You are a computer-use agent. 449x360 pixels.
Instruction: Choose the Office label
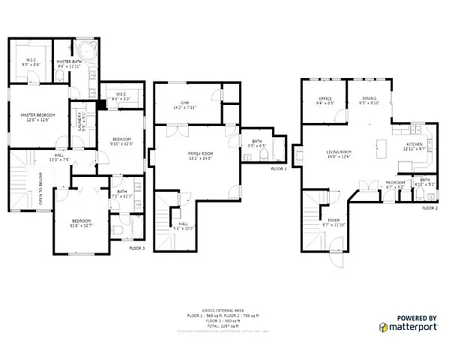point(325,98)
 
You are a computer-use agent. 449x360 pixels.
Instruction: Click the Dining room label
point(370,98)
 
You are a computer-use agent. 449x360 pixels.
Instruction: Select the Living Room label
point(339,153)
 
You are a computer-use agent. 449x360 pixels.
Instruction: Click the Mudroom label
point(395,182)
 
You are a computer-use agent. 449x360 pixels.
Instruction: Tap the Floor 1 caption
point(279,169)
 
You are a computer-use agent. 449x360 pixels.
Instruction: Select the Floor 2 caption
point(429,207)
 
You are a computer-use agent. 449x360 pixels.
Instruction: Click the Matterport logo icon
point(384,327)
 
